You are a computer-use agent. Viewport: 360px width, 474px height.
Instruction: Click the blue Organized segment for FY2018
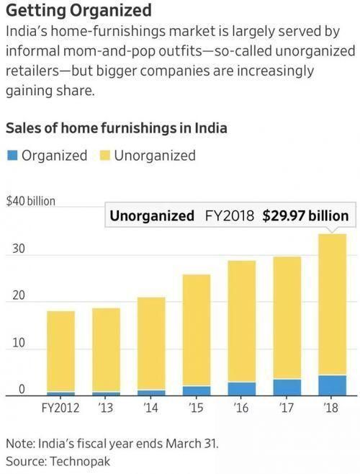332,385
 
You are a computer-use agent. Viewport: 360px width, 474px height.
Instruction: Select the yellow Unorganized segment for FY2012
60,352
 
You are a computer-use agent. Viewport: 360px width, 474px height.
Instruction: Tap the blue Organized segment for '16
242,389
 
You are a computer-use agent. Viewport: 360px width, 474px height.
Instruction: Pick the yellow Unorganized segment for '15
197,330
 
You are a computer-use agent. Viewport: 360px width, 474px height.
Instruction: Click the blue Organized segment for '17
287,388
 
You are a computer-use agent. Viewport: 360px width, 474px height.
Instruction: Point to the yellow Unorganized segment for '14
151,344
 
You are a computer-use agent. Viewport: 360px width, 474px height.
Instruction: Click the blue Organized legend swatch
12,156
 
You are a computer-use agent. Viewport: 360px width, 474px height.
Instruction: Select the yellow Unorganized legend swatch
105,156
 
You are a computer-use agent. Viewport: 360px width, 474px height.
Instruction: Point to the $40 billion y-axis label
31,201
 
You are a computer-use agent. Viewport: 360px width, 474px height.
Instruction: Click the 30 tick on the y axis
19,249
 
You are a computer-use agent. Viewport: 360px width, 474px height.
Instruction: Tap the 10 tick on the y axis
19,343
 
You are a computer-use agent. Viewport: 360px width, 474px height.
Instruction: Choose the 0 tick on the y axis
22,389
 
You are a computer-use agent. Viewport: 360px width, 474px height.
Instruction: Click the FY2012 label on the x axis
60,408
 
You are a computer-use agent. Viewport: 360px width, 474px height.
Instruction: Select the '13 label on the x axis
106,408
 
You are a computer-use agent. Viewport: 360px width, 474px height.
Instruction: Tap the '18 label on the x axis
330,408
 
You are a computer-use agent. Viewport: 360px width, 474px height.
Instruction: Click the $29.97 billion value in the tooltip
305,216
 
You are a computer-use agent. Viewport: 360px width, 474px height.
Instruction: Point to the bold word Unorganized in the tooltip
152,216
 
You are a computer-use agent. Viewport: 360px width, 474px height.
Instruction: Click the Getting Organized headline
78,10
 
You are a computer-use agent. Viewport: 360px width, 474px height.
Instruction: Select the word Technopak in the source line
80,462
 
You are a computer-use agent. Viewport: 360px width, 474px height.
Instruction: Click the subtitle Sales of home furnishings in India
117,128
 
